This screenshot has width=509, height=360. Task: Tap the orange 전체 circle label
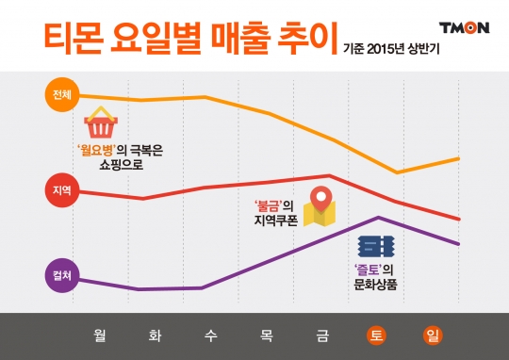click(x=59, y=93)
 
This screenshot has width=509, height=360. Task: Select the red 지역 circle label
click(x=59, y=191)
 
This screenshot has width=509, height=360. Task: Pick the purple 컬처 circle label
click(x=59, y=276)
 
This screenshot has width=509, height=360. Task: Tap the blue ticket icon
click(x=375, y=247)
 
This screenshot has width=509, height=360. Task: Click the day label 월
click(x=99, y=335)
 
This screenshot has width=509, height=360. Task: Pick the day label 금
click(x=322, y=335)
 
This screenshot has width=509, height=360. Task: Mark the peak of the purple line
click(x=378, y=218)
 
